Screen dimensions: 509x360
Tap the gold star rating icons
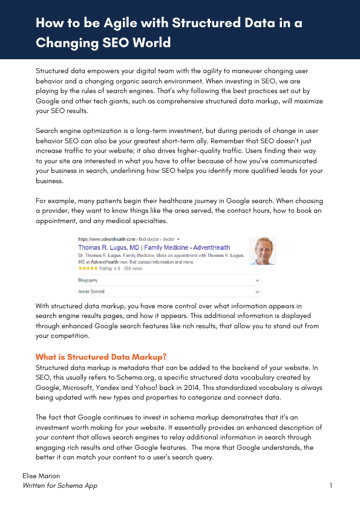click(87, 267)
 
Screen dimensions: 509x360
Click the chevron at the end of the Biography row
click(258, 280)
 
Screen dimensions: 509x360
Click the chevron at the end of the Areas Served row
click(258, 291)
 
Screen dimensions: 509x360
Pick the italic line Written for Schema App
click(59, 485)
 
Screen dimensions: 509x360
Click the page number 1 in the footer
click(331, 485)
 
